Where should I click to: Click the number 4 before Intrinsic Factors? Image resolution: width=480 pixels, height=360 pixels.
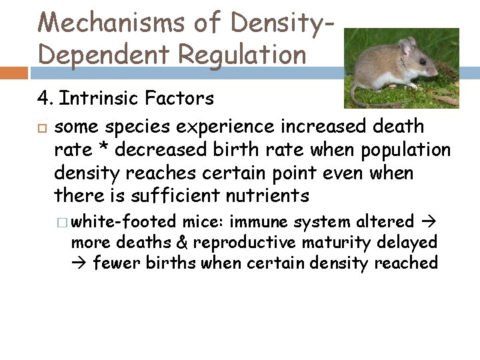[x=43, y=99]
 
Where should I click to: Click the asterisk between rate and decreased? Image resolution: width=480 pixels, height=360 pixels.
[x=99, y=149]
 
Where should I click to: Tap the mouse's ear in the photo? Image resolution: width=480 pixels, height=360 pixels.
[x=405, y=47]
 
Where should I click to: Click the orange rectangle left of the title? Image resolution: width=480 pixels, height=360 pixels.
[x=13, y=73]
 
